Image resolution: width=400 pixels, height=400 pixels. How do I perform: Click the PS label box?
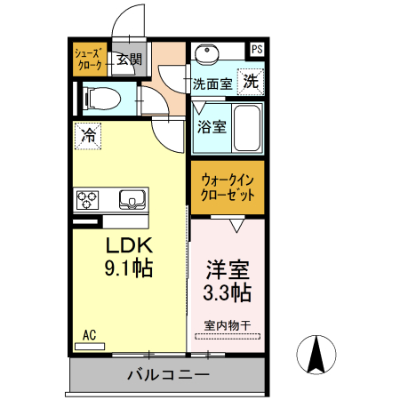click(257, 50)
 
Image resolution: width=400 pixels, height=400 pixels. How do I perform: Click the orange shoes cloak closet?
click(89, 59)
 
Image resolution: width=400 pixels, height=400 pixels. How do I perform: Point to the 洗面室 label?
click(213, 84)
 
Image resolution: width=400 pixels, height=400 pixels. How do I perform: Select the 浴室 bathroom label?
click(211, 126)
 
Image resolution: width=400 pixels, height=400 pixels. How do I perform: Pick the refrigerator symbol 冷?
click(89, 136)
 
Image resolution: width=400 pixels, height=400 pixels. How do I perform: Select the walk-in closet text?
click(228, 187)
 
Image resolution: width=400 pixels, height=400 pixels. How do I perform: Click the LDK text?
click(131, 245)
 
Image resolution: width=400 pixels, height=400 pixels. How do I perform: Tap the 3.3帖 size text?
click(228, 292)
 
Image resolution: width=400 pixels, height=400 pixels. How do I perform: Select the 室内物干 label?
click(228, 324)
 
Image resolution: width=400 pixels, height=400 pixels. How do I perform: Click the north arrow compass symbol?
click(316, 356)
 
